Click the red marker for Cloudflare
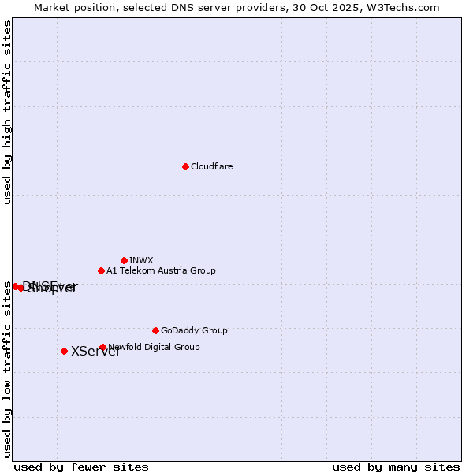[185, 166]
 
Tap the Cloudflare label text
[211, 166]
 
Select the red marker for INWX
[124, 260]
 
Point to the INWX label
[141, 260]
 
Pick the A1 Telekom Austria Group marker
[101, 270]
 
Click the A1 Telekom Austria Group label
[161, 270]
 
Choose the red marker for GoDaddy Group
[155, 330]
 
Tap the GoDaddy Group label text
[194, 330]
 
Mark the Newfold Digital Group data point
[102, 347]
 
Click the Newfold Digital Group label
[155, 347]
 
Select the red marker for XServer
[64, 351]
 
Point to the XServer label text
[95, 352]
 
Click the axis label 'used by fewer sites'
[81, 467]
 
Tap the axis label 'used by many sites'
[396, 467]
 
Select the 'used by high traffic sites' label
[8, 112]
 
